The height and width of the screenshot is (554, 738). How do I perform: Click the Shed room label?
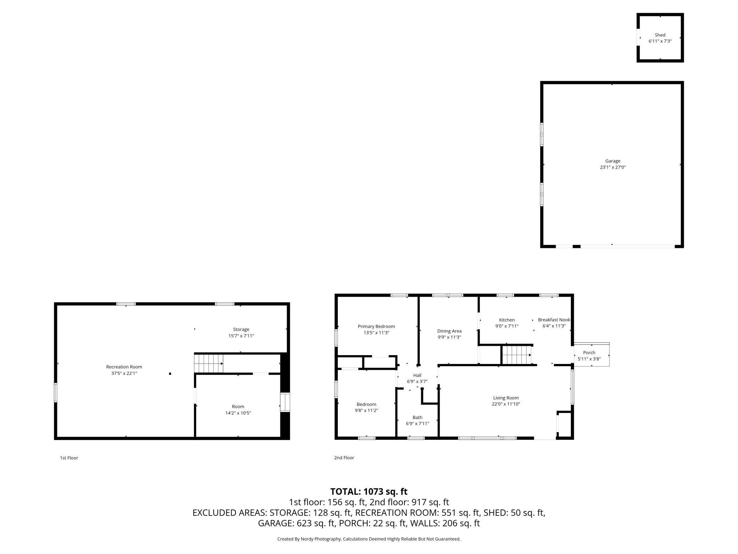point(660,35)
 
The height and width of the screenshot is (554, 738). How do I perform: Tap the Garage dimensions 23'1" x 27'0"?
point(613,167)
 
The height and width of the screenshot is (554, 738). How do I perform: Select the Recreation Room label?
point(124,367)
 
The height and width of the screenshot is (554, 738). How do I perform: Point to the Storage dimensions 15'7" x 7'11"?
point(241,336)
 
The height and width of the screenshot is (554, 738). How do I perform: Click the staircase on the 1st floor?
point(209,363)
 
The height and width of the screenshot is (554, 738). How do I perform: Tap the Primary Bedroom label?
point(376,326)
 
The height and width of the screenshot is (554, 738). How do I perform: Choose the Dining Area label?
point(449,331)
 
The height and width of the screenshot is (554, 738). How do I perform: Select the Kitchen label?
point(507,320)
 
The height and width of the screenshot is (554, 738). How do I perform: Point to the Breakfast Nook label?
point(554,320)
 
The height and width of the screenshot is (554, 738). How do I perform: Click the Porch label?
point(589,352)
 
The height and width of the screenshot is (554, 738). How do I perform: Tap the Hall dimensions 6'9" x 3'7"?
point(417,381)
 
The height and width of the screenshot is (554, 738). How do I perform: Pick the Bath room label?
point(417,417)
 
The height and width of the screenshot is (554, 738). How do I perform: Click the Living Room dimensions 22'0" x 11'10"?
point(506,404)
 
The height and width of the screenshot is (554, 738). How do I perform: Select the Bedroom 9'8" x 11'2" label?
point(367,407)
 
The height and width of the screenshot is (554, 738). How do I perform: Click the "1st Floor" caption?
point(69,458)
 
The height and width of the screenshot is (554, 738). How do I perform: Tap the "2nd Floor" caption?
point(344,458)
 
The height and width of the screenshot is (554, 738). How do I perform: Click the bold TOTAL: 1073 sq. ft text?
point(369,491)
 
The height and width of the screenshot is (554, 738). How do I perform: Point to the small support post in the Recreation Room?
point(170,374)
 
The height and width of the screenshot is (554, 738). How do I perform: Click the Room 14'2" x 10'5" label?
point(238,410)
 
